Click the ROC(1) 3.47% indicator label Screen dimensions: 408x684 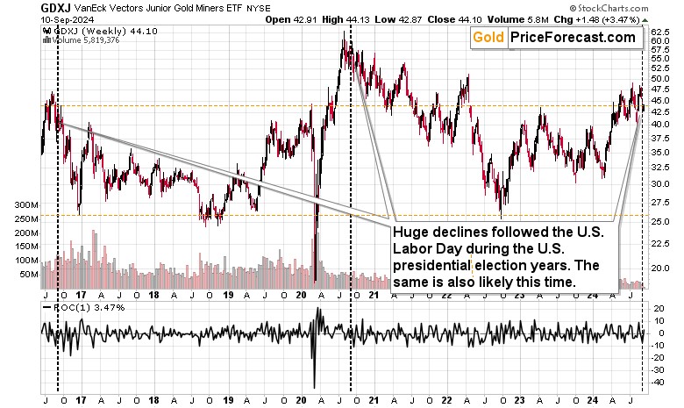coord(79,308)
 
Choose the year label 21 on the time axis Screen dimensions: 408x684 coord(374,396)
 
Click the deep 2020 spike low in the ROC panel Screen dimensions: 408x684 coord(313,386)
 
